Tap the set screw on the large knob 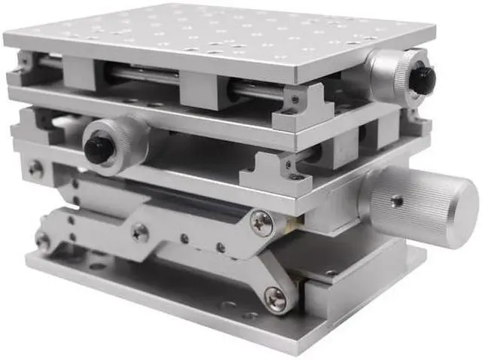[x=396, y=200]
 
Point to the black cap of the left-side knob [x=99, y=148]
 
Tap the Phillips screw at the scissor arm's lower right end [x=275, y=299]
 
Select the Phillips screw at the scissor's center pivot [x=140, y=232]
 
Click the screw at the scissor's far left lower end [x=43, y=242]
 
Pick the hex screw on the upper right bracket [x=294, y=99]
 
